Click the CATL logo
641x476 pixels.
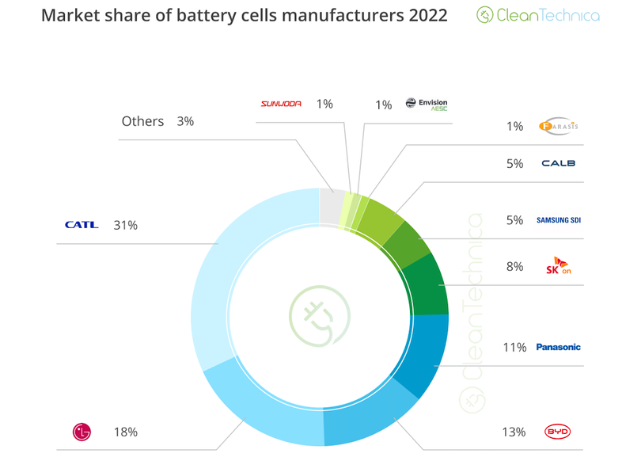(82, 225)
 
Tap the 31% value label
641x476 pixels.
(126, 226)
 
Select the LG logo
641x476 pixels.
(82, 432)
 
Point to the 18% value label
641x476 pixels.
(126, 432)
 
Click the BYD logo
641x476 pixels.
(558, 432)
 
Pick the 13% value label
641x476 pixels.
(513, 432)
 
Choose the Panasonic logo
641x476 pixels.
(558, 347)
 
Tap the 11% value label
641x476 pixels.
(514, 347)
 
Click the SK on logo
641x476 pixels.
(559, 266)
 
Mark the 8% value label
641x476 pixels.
(515, 267)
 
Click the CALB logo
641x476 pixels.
(558, 164)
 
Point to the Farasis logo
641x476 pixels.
(558, 126)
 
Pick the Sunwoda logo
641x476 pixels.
(281, 104)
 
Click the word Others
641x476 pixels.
(142, 121)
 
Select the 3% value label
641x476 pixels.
(186, 122)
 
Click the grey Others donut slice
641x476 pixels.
(331, 204)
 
